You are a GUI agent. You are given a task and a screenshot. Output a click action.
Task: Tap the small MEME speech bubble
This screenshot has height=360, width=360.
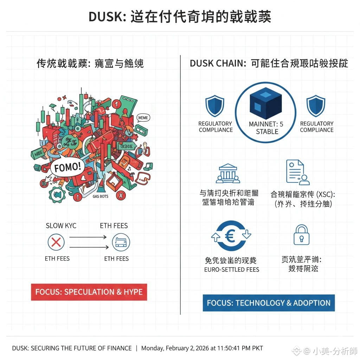coord(143,118)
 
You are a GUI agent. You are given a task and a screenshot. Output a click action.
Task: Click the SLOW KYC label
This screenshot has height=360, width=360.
coord(61,226)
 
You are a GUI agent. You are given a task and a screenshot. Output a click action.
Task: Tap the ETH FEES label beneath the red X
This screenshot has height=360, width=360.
coord(57,259)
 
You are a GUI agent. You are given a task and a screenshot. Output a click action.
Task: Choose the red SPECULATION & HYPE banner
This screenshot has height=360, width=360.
coord(89,292)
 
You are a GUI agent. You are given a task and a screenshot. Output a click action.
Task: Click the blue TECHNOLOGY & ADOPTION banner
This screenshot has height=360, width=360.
coord(269,303)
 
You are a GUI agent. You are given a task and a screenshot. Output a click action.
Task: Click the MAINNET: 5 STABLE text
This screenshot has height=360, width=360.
coord(266,128)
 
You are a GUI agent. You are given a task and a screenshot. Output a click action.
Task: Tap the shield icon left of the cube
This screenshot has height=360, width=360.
coord(214,106)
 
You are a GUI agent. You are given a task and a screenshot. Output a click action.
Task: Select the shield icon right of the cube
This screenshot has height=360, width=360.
coord(316,106)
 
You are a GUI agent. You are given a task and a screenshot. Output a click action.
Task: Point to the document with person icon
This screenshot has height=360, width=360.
coord(297,172)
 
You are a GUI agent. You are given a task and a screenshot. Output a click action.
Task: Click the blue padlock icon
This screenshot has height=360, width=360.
coord(302,234)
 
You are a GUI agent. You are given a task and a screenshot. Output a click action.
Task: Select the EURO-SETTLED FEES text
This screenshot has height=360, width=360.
coord(232,270)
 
